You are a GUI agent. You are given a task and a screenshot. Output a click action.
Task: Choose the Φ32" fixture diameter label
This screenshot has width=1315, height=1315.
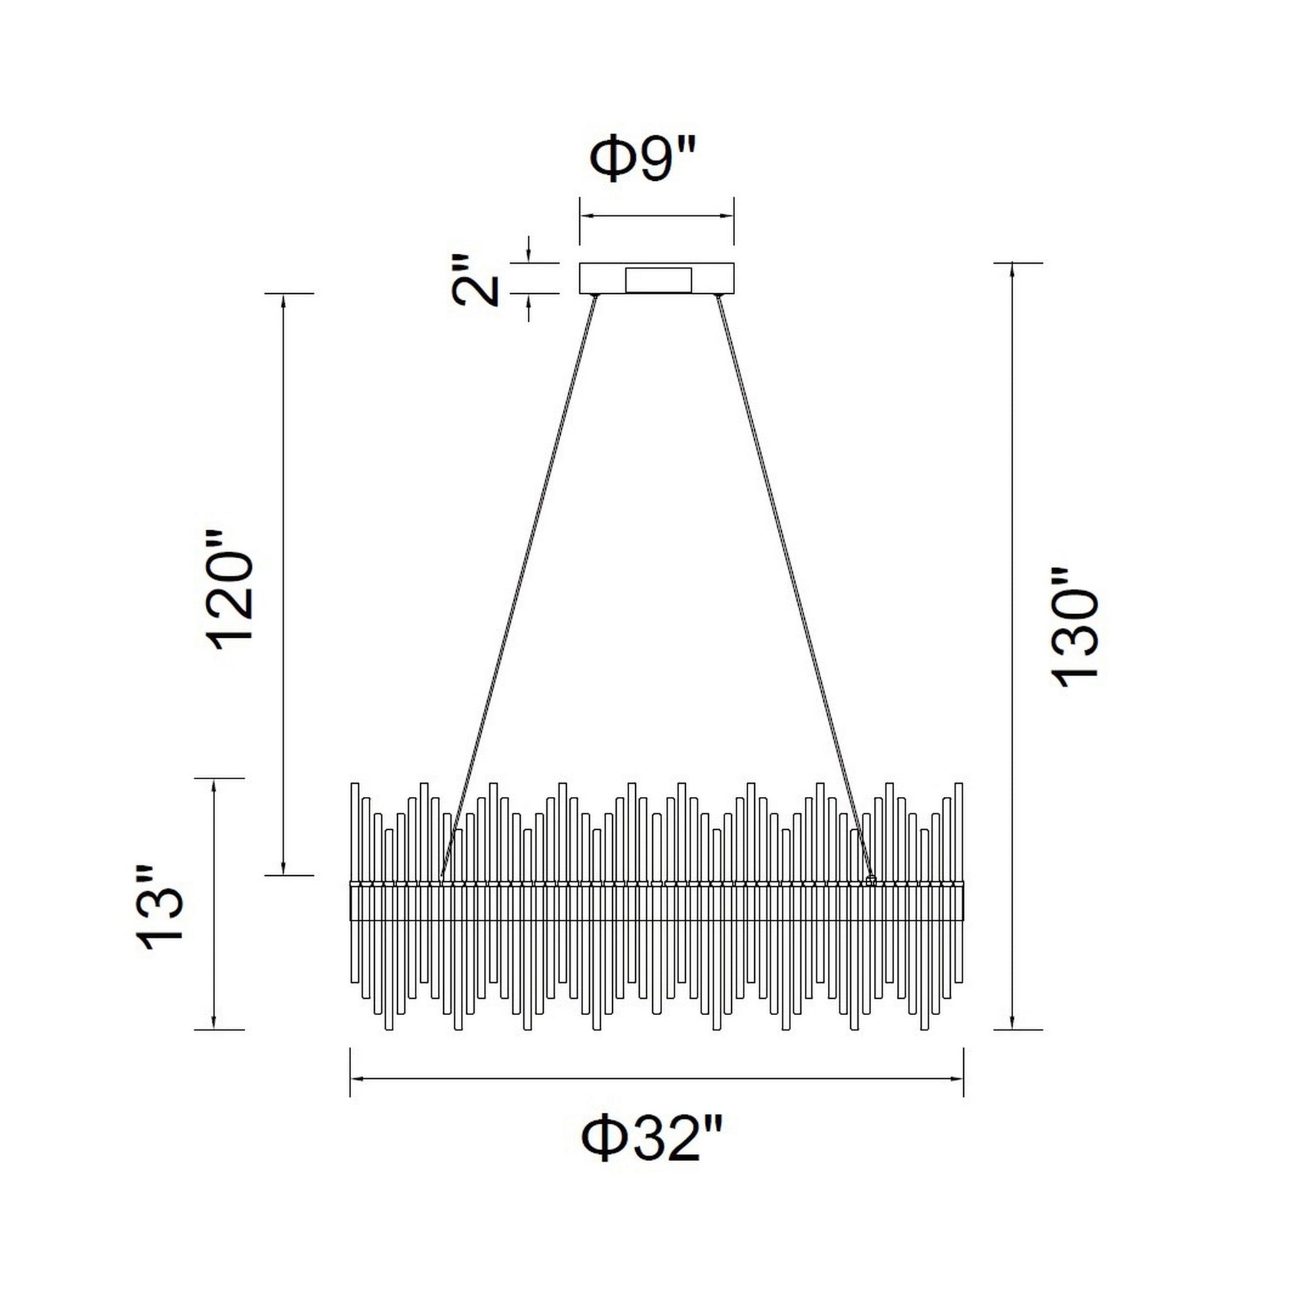coord(650,1140)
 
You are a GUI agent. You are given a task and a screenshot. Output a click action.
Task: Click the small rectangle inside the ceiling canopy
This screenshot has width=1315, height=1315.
coord(659,279)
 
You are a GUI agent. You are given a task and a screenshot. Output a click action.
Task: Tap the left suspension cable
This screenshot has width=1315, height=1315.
coord(519,587)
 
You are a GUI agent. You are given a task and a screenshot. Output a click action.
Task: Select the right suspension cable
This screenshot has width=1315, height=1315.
coord(794,587)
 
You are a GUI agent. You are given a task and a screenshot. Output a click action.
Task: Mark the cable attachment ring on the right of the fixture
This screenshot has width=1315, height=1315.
coord(871,880)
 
